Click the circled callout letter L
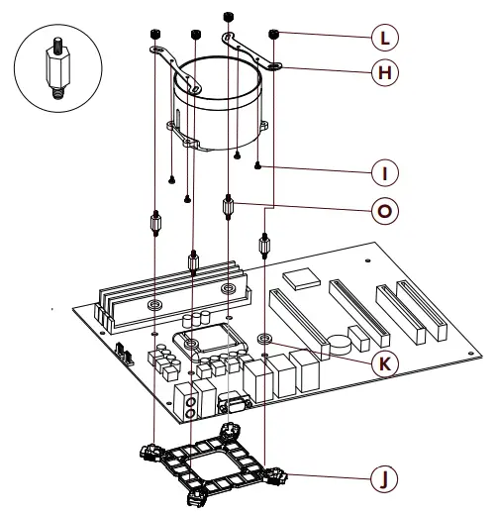click(381, 39)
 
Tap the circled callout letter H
click(381, 73)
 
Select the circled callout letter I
click(381, 172)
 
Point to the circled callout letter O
click(381, 209)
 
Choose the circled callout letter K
click(381, 363)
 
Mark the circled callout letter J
click(381, 478)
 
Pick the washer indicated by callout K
click(264, 341)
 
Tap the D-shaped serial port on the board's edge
click(232, 405)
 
